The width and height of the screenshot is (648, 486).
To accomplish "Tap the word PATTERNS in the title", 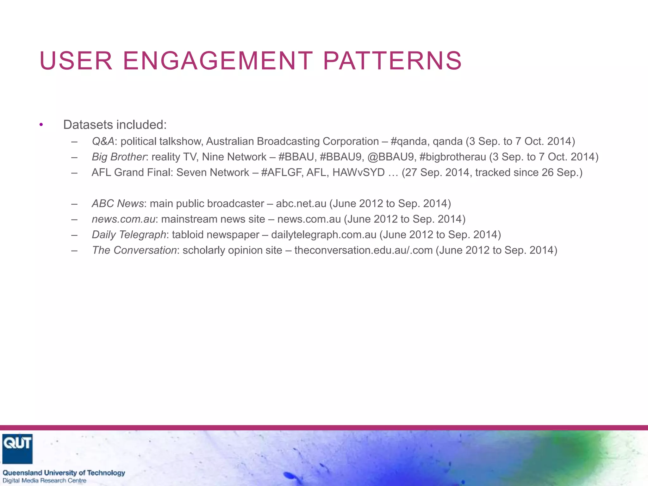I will [392, 61].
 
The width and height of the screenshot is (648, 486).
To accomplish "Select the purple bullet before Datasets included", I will [41, 125].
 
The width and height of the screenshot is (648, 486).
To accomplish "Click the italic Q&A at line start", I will [103, 141].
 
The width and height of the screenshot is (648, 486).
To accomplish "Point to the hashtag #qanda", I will [410, 141].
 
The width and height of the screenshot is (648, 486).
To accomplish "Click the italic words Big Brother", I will [119, 157].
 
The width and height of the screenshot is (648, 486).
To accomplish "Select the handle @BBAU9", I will [390, 157].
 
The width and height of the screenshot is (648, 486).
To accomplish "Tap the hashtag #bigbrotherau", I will [452, 157].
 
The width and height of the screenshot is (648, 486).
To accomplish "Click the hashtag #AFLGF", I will [281, 172].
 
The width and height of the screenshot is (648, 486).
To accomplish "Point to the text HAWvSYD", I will [358, 172].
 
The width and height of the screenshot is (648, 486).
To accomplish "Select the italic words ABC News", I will [118, 203].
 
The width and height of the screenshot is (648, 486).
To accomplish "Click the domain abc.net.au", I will [301, 203].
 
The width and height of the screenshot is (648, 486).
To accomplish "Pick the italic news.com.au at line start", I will [123, 219].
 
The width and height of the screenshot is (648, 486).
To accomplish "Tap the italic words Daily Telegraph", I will [129, 235].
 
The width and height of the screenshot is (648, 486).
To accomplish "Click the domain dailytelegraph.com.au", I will [324, 235].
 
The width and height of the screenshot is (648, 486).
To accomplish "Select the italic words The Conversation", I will [134, 250].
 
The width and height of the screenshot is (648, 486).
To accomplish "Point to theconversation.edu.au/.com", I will [363, 250].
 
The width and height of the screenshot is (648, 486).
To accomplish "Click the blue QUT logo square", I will [17, 448].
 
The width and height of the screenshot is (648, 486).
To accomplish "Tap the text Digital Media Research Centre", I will [45, 481].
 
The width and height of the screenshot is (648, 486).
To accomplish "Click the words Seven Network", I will [213, 172].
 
